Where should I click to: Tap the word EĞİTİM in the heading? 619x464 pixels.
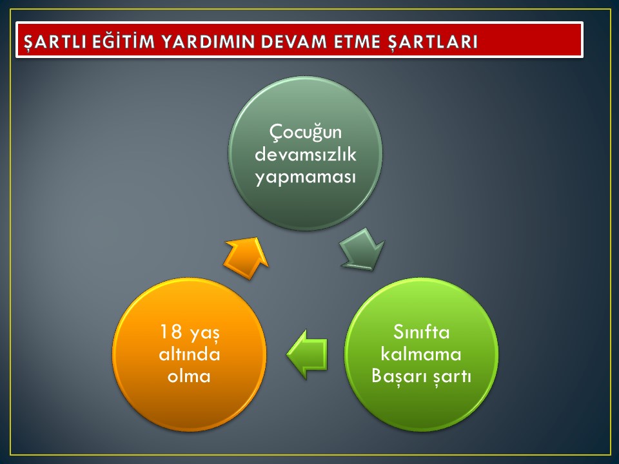124,41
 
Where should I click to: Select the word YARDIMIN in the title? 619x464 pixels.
208,41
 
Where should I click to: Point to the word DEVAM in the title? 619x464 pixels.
295,41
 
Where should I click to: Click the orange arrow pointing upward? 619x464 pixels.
246,258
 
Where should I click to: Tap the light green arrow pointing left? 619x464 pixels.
307,354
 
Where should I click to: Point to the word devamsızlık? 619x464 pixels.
306,154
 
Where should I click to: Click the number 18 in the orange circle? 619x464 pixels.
171,332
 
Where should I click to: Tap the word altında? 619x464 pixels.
190,354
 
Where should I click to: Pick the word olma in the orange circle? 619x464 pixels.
189,376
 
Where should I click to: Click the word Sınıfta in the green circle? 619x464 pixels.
421,332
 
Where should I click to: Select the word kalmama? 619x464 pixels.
421,354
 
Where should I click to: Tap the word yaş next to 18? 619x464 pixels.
204,333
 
